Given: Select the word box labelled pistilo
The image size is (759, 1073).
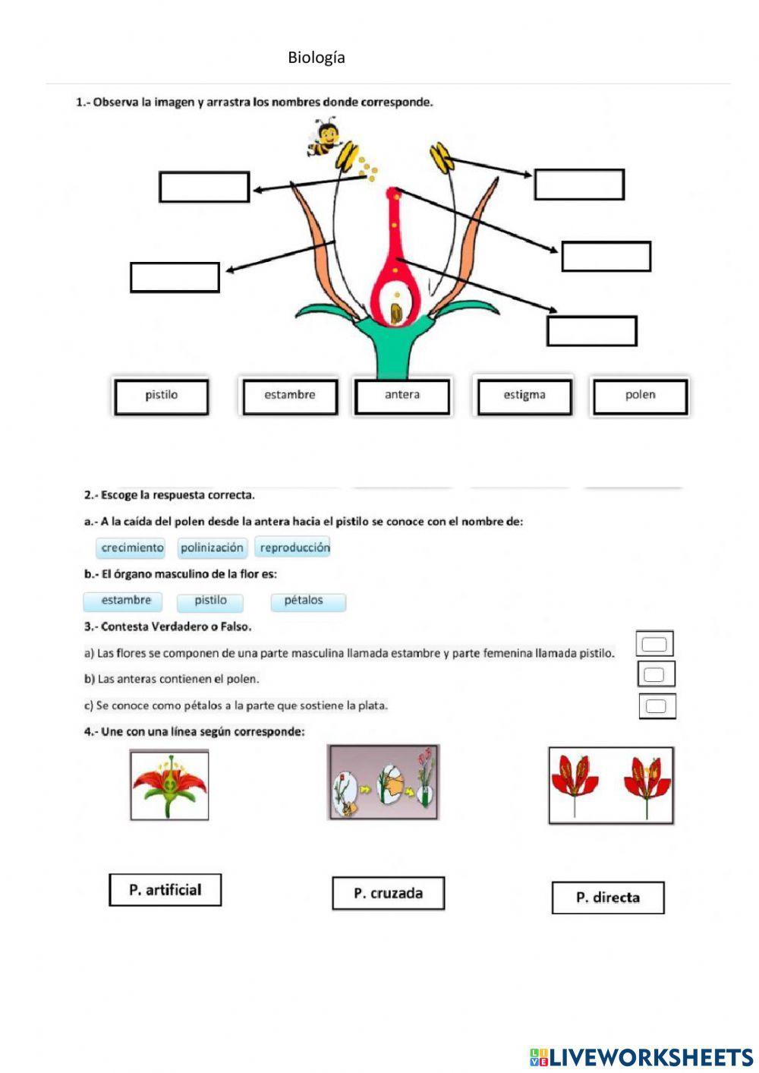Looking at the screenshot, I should tap(161, 396).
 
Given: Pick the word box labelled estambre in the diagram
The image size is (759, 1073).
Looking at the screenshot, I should tap(290, 396).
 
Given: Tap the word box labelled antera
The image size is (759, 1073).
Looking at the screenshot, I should tap(402, 396).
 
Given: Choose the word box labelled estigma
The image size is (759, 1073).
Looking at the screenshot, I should tap(524, 396).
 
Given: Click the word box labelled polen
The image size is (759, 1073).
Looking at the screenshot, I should tap(640, 396).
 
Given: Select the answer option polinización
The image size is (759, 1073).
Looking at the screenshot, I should tap(212, 548).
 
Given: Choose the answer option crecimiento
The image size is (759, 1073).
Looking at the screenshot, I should tap(132, 548).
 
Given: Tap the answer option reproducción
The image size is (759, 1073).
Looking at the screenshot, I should tap(294, 548).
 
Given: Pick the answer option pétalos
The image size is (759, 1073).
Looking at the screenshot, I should tap(304, 601).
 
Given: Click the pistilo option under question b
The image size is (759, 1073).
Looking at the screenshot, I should tap(210, 601).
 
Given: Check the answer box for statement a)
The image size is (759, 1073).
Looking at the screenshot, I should tap(654, 645).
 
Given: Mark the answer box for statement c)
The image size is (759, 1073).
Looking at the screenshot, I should tap(657, 706).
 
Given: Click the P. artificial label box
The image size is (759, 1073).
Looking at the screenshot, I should tap(165, 890).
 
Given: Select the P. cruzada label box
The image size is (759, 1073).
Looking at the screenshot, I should tap(388, 893).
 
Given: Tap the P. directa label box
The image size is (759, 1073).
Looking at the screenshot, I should tap(608, 898).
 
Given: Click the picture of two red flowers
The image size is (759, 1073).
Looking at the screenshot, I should tap(611, 785).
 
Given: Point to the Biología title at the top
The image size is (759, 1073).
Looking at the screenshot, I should tap(317, 58).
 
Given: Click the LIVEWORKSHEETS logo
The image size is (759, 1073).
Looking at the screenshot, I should tap(641, 1056).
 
